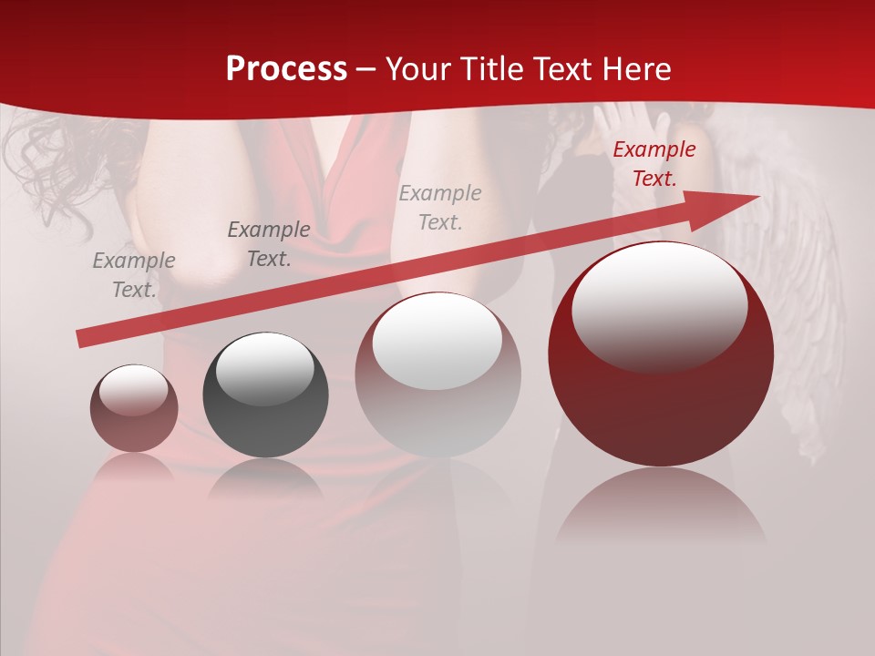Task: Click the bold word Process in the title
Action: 286,68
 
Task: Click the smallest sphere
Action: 134,409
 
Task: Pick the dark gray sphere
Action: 265,395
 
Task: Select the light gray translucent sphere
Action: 437,374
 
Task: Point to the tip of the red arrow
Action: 757,197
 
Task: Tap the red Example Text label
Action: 654,164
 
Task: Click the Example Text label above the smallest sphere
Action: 134,275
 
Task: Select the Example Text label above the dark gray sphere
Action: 268,244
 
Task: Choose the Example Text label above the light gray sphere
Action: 440,207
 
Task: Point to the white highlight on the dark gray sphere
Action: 264,367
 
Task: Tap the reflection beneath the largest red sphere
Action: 661,506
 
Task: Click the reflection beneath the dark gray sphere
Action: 265,479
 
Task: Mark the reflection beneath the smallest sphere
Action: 134,466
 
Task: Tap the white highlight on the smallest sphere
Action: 134,390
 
